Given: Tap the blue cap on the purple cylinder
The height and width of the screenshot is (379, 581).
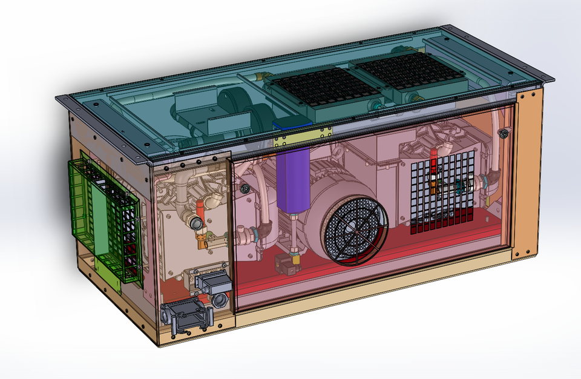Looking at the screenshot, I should click(293, 124).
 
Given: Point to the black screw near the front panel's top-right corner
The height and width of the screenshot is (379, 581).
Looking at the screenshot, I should click(502, 132).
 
